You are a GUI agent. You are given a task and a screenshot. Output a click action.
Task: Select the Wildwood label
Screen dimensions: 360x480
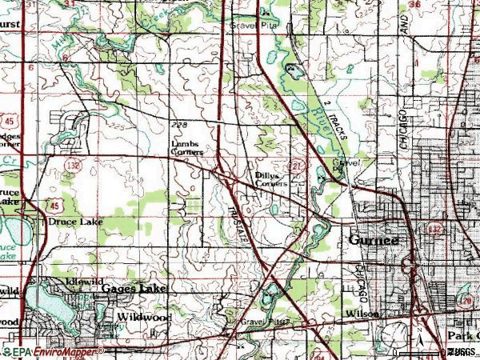click(x=144, y=317)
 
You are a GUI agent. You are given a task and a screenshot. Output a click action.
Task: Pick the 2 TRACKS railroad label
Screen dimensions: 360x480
click(x=335, y=120)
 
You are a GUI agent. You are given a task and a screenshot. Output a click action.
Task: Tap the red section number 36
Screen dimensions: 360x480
click(x=414, y=5)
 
